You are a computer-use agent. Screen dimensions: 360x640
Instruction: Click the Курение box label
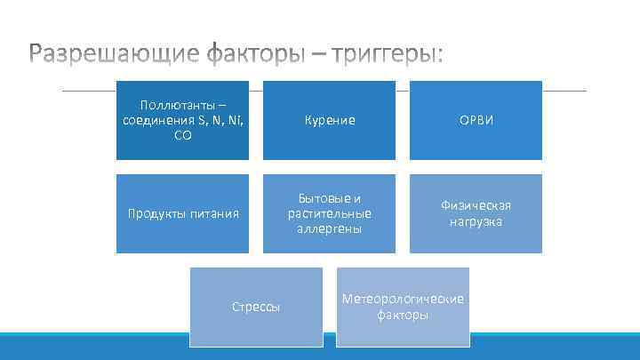[330, 121]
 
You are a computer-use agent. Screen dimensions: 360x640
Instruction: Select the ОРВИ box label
[476, 121]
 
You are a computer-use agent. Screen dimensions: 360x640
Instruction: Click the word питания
[213, 213]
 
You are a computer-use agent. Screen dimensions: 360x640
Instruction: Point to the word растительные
[330, 213]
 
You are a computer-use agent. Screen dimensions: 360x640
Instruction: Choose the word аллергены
[330, 228]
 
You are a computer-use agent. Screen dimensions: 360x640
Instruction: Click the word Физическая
[476, 205]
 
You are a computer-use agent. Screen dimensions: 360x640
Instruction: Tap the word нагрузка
[476, 221]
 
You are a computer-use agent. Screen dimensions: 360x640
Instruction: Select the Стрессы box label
[256, 307]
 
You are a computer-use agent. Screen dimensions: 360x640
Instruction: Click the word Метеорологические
[403, 299]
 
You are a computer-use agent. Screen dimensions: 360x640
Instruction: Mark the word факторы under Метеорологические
[403, 315]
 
